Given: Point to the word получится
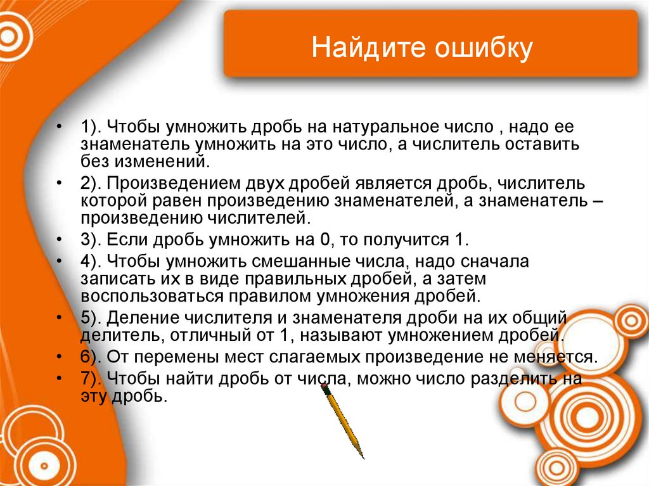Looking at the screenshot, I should coord(404,240).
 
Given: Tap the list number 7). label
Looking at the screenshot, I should coord(92,379).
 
